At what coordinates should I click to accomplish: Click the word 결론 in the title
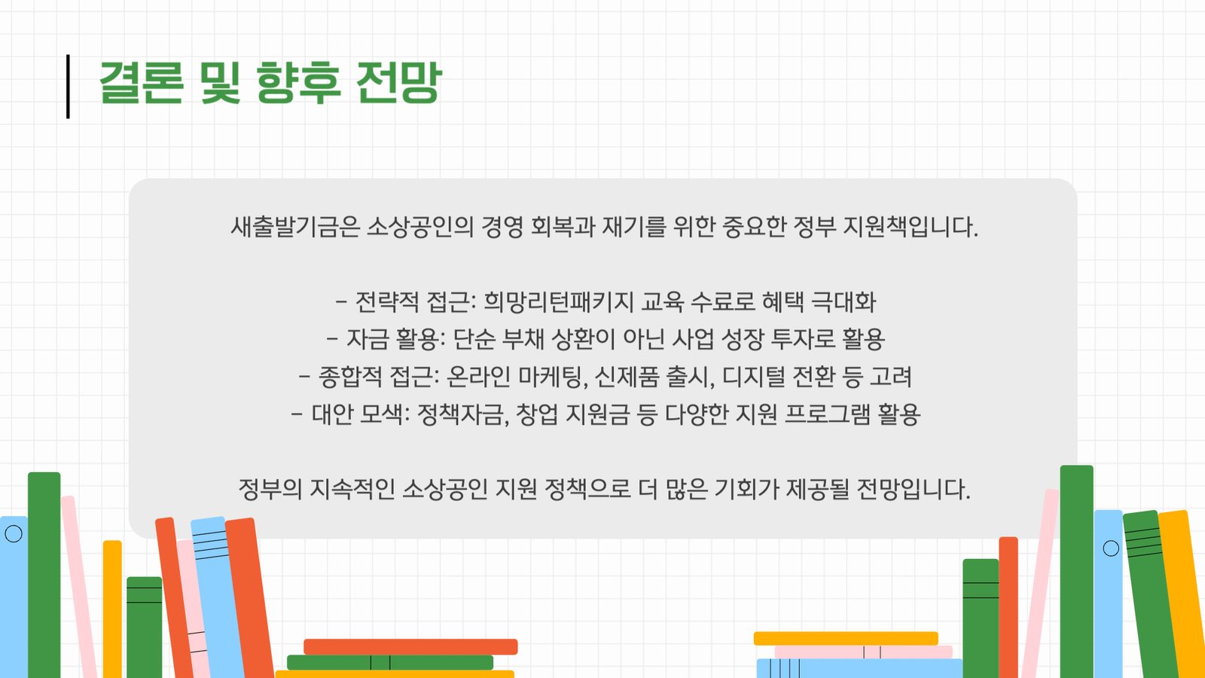pos(142,82)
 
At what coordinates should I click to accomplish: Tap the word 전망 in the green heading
pos(398,82)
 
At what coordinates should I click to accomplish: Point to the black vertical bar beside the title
pos(68,86)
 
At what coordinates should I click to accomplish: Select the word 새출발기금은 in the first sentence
pos(295,227)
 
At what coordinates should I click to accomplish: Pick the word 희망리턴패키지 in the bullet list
pos(559,302)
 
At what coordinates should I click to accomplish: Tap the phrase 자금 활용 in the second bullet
pos(394,339)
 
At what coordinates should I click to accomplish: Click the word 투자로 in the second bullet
pos(803,339)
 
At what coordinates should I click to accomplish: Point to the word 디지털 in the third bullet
pos(754,377)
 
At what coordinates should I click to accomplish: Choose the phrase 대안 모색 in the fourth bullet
pos(358,414)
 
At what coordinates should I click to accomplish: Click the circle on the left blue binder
pos(14,534)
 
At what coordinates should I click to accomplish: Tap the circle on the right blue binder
pos(1111,548)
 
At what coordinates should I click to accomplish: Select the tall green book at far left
pos(44,575)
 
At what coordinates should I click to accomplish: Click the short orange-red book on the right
pos(1008,607)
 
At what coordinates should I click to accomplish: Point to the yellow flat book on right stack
pos(846,638)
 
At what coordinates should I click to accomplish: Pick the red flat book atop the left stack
pos(410,647)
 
